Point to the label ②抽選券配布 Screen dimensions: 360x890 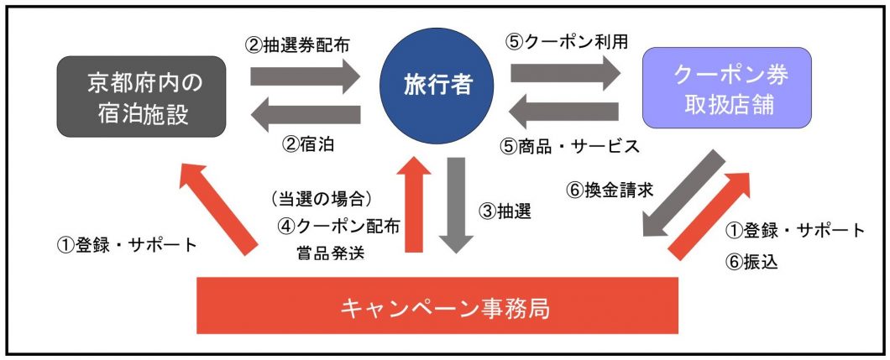click(305, 44)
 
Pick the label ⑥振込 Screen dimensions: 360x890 click(751, 261)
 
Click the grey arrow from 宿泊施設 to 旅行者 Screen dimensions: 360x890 click(304, 76)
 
